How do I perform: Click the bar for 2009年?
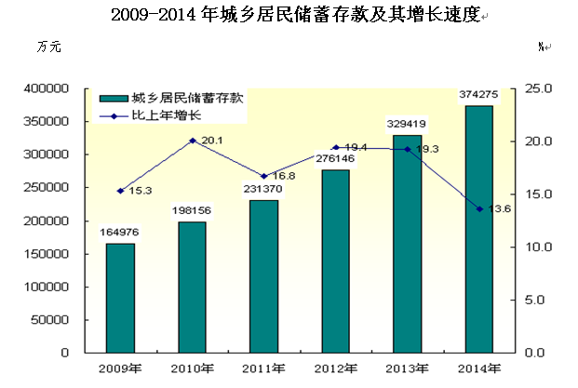(120, 298)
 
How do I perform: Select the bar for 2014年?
(479, 229)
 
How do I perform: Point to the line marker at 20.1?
(192, 140)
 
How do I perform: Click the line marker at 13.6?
(479, 209)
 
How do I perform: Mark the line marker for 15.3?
(120, 191)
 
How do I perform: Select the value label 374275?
(478, 94)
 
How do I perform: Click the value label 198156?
(192, 210)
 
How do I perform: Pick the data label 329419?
(407, 122)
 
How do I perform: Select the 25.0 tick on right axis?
(540, 88)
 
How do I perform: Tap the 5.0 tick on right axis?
(540, 301)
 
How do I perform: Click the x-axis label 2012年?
(335, 368)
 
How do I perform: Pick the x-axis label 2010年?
(192, 368)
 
